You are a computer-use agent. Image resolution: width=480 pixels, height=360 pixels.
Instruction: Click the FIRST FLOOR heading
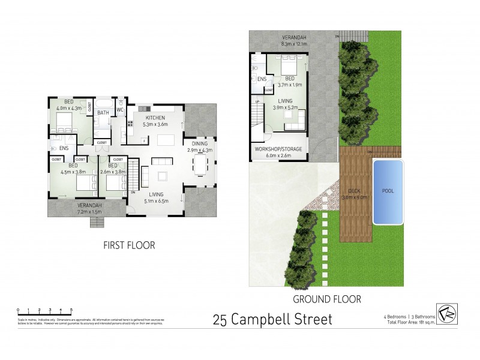[128, 245]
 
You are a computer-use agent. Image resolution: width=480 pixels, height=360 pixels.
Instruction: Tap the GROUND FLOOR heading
[326, 298]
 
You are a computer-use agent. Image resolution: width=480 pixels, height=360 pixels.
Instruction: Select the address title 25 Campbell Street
[272, 319]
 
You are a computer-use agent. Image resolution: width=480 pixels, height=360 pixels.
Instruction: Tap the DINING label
[199, 144]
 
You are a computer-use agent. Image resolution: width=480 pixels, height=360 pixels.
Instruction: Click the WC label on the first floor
[119, 110]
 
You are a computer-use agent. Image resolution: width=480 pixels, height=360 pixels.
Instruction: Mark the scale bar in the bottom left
[45, 311]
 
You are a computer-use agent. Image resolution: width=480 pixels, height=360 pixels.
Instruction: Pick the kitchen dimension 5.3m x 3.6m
[155, 125]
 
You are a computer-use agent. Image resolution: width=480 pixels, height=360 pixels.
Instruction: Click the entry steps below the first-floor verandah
[97, 223]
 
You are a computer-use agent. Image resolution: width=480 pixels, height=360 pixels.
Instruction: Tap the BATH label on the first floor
[103, 112]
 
